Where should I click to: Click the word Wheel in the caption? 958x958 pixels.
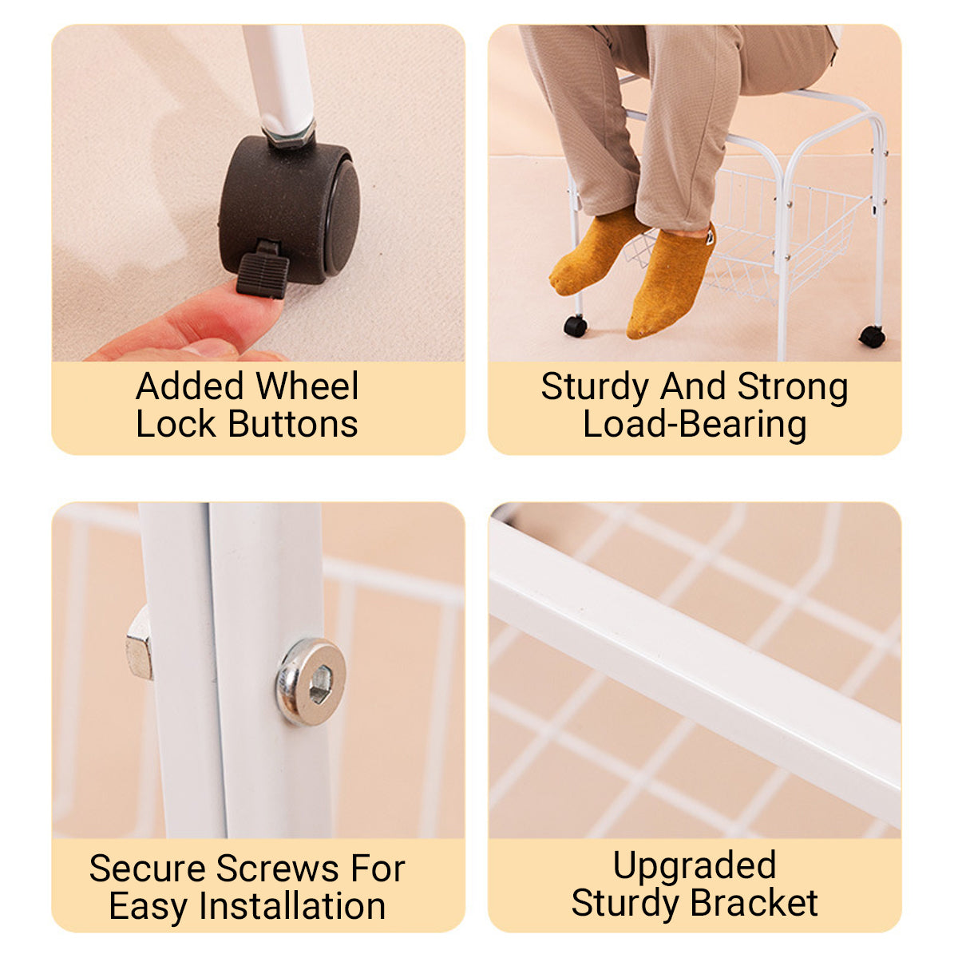pos(307,386)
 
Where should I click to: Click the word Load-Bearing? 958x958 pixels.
pos(695,426)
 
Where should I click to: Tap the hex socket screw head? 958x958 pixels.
pos(311,682)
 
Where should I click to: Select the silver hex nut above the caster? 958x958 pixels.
pos(290,134)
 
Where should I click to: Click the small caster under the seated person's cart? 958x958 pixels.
pos(575,327)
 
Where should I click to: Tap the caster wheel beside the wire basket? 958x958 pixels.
pos(873,337)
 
